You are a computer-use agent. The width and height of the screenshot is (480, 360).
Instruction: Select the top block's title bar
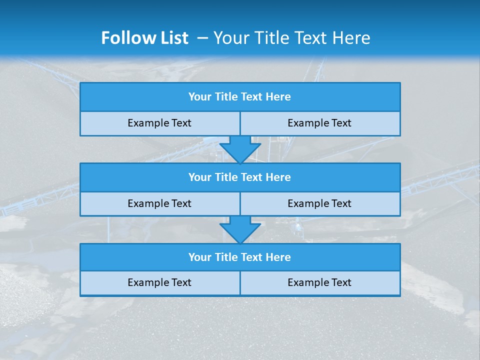coord(240,97)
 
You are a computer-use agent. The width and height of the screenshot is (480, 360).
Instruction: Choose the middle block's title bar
coord(240,177)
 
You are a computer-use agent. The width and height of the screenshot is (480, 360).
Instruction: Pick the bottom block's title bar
coord(240,257)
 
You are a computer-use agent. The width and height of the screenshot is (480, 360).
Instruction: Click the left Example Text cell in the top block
coord(159,123)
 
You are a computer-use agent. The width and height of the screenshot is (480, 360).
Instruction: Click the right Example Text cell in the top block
coord(319,123)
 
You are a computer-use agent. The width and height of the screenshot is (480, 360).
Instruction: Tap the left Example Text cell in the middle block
coord(159,203)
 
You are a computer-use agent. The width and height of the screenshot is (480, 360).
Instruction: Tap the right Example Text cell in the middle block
coord(319,203)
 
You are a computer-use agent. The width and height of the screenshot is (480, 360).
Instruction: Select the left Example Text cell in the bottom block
coord(159,282)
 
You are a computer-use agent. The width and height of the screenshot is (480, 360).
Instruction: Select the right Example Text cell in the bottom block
coord(319,282)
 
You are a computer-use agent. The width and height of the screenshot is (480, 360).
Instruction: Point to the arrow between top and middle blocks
coord(240,149)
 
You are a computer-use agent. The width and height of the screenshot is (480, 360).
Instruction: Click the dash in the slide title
coord(202,38)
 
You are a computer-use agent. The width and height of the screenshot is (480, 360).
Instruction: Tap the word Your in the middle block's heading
coord(200,177)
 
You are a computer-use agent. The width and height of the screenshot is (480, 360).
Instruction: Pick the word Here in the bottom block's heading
coord(278,257)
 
